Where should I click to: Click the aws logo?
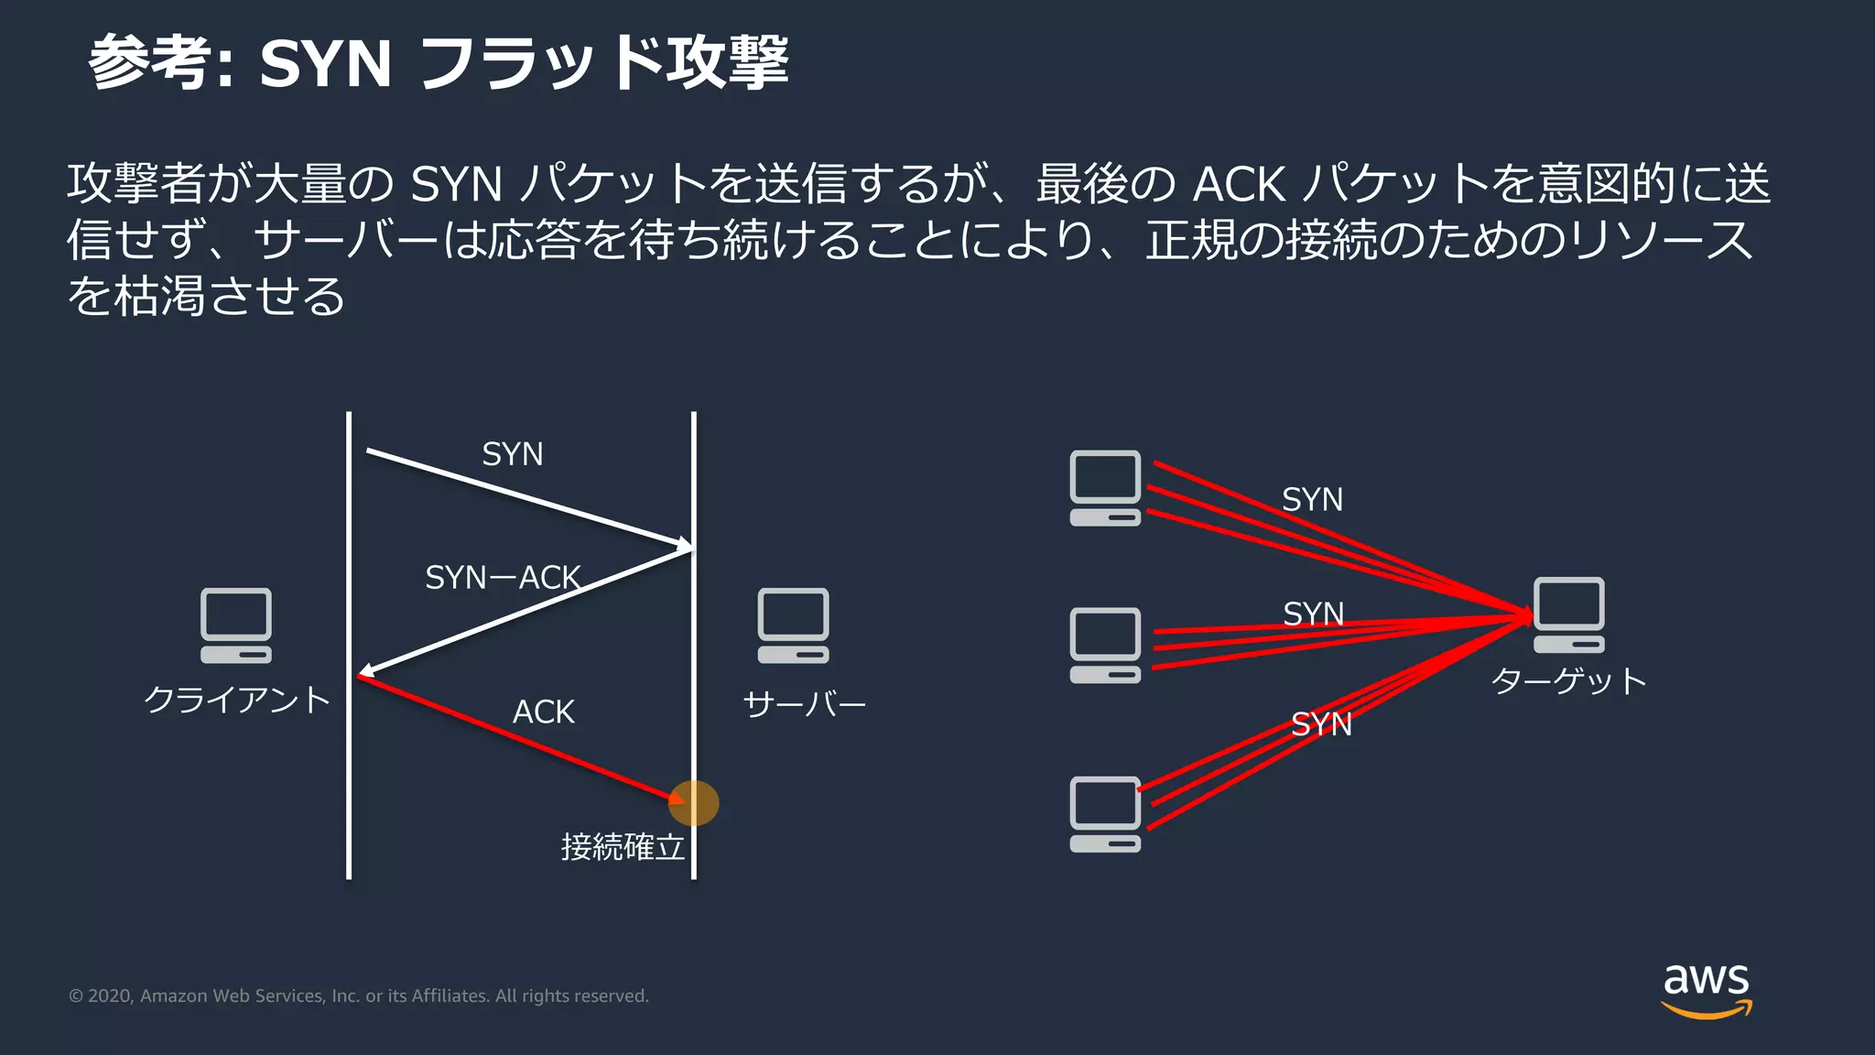(1706, 989)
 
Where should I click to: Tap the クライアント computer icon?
(236, 625)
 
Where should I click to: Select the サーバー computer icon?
(793, 625)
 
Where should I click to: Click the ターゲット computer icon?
(1568, 615)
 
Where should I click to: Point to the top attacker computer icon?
(1105, 488)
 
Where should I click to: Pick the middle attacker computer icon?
(1105, 646)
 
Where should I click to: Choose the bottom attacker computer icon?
(1105, 814)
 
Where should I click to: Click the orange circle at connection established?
(694, 803)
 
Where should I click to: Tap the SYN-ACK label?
(503, 578)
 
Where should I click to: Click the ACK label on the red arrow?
(543, 712)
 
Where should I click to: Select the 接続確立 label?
(623, 847)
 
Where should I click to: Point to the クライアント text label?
(237, 701)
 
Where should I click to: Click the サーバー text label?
(804, 704)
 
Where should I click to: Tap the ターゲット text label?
(1568, 681)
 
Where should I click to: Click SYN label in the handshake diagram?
(513, 454)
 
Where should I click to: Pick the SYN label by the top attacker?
(1312, 500)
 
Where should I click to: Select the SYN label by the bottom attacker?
(1321, 724)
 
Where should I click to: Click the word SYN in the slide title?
(325, 64)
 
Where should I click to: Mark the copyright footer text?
(359, 995)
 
